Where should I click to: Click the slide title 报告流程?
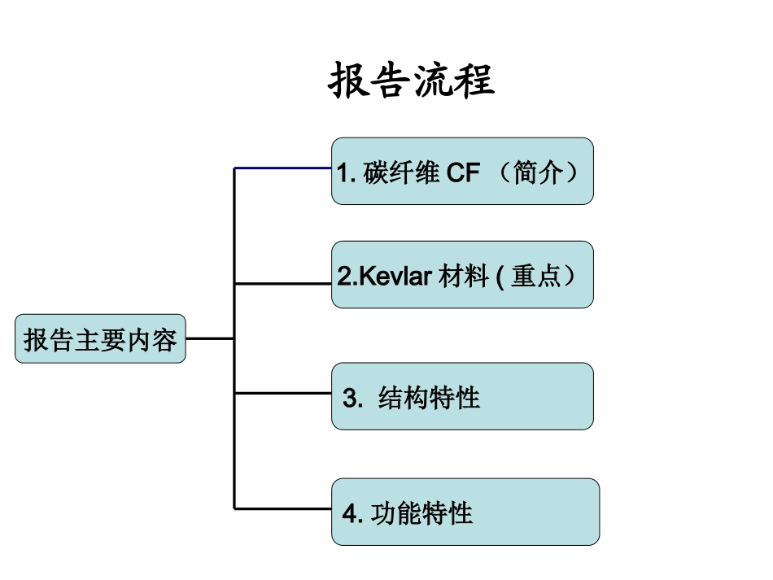click(x=412, y=81)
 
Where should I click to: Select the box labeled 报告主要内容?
click(x=100, y=338)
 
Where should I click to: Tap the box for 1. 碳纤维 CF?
click(x=461, y=171)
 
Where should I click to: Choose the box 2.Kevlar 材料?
click(x=461, y=275)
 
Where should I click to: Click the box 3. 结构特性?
click(x=461, y=396)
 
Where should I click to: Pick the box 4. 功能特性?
click(x=465, y=512)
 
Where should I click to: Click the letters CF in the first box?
click(x=464, y=173)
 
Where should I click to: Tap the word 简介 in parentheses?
click(x=538, y=173)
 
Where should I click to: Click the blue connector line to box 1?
click(x=282, y=168)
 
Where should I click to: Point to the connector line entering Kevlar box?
click(x=282, y=284)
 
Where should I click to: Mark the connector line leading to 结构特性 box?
click(x=282, y=393)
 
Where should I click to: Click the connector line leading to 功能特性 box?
click(x=282, y=508)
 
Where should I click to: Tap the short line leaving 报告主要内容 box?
click(x=210, y=338)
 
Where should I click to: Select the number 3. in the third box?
click(x=352, y=399)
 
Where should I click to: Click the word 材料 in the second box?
click(x=463, y=277)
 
